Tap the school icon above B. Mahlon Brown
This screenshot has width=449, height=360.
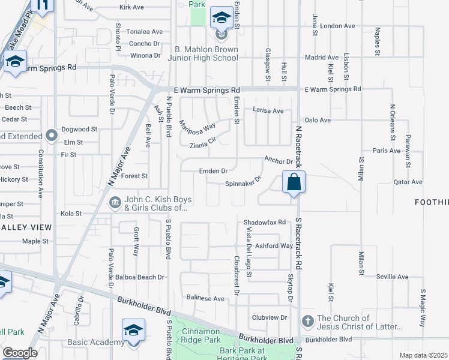tap(221, 18)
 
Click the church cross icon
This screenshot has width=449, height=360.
tap(308, 322)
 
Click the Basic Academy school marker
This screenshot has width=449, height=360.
tap(133, 331)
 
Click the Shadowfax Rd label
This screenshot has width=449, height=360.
tap(264, 222)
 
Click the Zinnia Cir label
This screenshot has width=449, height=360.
tap(202, 144)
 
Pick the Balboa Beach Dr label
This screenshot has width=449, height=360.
tap(140, 277)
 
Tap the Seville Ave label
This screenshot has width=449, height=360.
tap(392, 277)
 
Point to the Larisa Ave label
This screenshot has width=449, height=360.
tap(268, 111)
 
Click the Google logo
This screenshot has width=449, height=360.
tap(20, 352)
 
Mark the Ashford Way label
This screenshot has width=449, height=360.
tap(274, 246)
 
